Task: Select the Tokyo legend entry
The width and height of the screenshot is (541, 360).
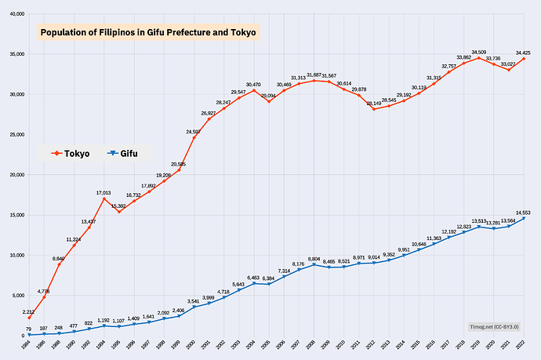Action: coord(71,154)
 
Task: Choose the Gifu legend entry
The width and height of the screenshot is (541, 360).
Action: coord(122,154)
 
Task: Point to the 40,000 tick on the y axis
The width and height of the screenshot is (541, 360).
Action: coord(15,13)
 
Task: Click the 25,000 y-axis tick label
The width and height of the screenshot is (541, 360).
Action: coord(15,134)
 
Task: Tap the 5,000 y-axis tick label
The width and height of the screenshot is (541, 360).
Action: coord(17,295)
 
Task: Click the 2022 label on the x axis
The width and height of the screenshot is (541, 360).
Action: coord(520,346)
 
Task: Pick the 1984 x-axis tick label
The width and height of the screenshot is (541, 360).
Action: coord(25,346)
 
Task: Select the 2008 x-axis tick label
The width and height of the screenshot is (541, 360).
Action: coord(311,346)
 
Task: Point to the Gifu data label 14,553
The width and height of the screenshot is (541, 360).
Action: coord(524,212)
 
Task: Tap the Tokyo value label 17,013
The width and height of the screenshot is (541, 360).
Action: coord(103,192)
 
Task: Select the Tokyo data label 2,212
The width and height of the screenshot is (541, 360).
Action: coord(29,311)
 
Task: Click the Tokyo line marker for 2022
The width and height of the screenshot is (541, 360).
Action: coord(524,59)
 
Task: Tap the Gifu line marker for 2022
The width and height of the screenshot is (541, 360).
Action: coord(524,219)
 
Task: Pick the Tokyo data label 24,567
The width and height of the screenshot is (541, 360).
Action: coord(193,132)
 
